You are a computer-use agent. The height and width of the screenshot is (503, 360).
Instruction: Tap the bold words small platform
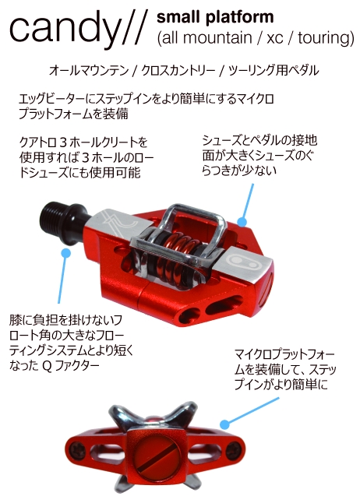point(215,17)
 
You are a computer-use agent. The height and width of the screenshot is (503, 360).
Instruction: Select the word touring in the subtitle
point(326,38)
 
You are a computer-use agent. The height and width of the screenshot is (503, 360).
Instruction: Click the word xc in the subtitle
point(275,38)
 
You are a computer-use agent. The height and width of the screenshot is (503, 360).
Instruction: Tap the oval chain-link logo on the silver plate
point(245,260)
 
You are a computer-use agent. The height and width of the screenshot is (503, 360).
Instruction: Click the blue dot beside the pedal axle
point(65,253)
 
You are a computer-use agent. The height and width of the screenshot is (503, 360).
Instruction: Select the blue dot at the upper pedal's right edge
point(242,222)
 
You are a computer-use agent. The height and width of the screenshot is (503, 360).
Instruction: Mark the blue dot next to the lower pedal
point(225,424)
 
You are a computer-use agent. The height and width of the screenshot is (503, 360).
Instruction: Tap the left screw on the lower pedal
point(78,450)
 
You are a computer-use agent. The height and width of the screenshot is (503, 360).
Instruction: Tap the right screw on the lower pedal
point(233,450)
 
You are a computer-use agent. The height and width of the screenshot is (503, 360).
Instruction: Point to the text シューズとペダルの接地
point(259,141)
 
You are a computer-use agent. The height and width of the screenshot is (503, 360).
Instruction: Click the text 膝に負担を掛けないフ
point(65,320)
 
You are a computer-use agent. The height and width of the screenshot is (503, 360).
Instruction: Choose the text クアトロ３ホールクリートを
point(83,142)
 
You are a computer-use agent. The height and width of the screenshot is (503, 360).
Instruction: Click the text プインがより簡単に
point(281,385)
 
